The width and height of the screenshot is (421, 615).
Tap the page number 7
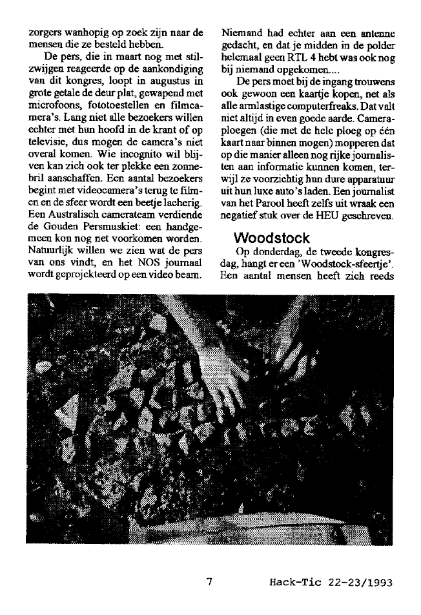pyautogui.click(x=209, y=581)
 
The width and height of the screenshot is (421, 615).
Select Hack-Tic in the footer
pyautogui.click(x=291, y=582)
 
